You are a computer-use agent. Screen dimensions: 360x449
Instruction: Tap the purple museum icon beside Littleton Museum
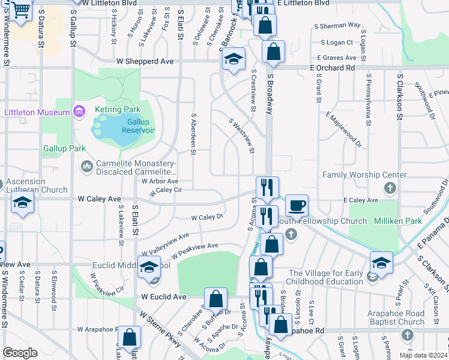[x=78, y=111]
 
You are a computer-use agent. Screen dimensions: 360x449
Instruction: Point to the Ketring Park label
[x=118, y=110]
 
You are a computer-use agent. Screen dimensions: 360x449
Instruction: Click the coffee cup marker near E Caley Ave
[x=297, y=206]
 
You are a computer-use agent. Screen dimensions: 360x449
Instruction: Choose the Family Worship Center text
[x=360, y=175]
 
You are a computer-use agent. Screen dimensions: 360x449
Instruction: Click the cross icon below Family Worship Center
[x=390, y=190]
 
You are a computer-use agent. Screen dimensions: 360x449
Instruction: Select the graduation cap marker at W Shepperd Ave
[x=234, y=59]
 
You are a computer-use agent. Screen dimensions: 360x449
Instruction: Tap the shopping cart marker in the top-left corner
[x=21, y=10]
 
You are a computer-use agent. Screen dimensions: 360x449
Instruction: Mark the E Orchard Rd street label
[x=332, y=68]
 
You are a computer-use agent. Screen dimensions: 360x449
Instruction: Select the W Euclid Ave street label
[x=164, y=296]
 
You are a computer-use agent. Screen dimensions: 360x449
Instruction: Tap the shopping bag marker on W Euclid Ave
[x=215, y=298]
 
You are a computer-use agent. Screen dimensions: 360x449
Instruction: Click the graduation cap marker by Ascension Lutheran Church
[x=23, y=204]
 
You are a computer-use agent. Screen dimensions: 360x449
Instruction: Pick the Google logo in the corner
[x=20, y=352]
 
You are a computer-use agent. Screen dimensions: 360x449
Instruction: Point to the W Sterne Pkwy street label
[x=160, y=329]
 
